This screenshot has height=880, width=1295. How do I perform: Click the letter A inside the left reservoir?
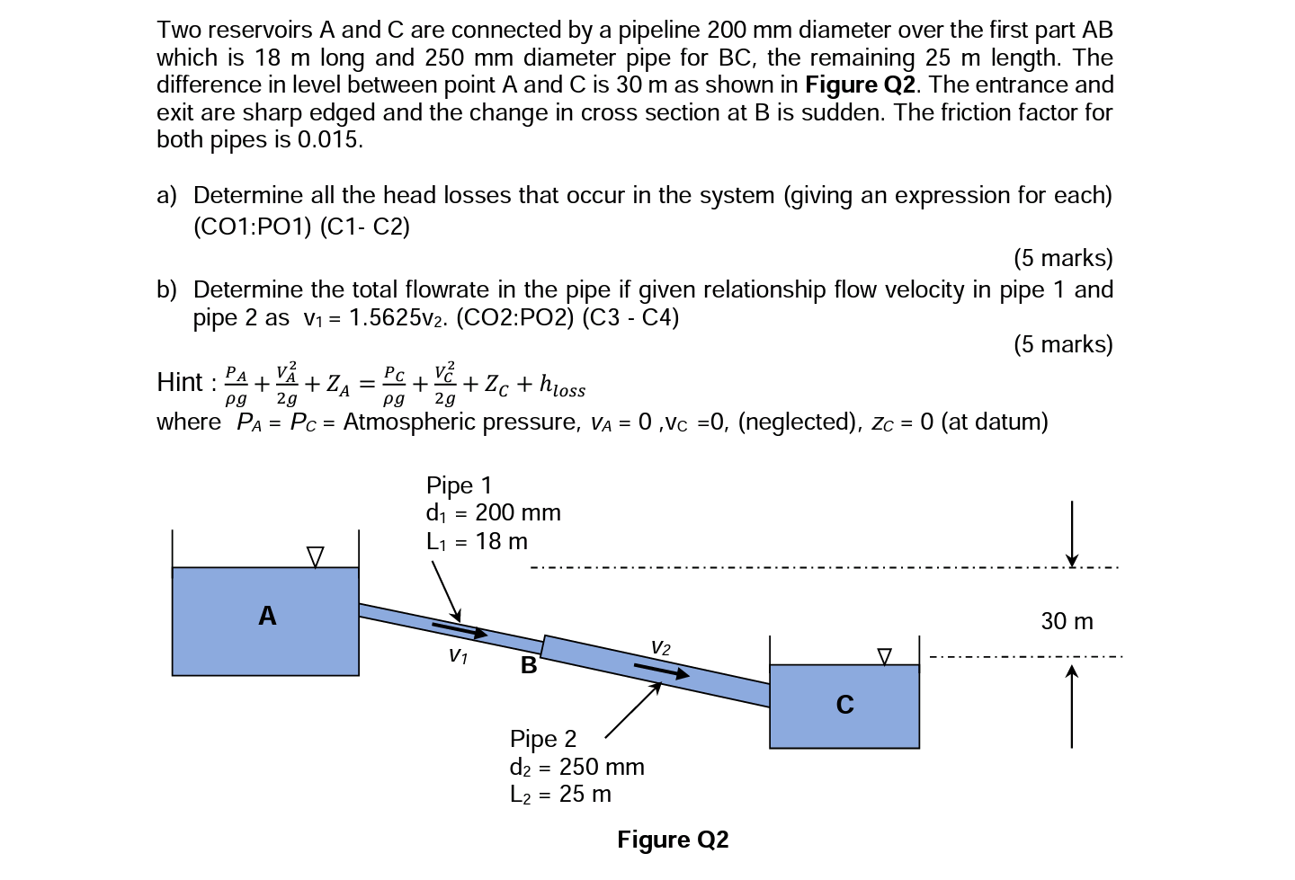click(267, 616)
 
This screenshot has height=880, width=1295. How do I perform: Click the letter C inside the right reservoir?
click(844, 704)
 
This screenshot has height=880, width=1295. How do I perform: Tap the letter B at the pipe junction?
click(529, 665)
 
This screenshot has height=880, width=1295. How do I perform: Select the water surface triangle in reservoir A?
click(315, 557)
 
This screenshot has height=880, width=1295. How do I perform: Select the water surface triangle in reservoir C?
click(884, 657)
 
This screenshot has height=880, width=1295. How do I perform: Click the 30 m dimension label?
click(1067, 621)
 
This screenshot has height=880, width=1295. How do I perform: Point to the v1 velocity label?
click(458, 655)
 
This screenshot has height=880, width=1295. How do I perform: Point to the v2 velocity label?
click(660, 646)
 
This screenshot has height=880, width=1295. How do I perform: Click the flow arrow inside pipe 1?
click(459, 629)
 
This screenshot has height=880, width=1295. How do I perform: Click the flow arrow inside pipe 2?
click(662, 671)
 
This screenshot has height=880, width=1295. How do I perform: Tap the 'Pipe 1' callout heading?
click(459, 485)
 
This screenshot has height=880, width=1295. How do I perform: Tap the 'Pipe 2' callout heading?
click(542, 739)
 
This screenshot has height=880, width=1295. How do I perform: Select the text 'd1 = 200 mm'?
click(493, 513)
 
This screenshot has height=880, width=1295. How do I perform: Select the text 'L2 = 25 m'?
click(559, 795)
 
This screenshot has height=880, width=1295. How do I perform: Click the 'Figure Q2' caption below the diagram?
click(673, 840)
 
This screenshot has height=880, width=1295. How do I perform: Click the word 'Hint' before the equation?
click(180, 383)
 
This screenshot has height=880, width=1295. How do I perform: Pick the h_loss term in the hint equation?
click(562, 385)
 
